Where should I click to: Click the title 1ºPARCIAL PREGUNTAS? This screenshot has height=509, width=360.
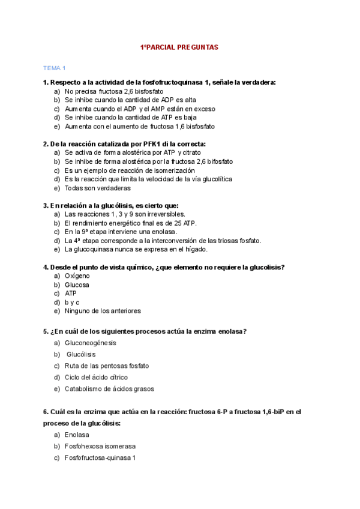click(x=179, y=47)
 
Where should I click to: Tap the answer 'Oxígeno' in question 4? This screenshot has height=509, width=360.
click(x=77, y=276)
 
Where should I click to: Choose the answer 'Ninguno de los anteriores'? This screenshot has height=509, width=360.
click(x=103, y=311)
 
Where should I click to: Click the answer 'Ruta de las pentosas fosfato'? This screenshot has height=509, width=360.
click(x=107, y=366)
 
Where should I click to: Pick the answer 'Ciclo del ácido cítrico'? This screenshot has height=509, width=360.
click(x=96, y=377)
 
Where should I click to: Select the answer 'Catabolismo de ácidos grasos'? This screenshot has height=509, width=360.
click(x=109, y=388)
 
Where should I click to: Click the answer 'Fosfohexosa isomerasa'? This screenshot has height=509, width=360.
click(x=100, y=446)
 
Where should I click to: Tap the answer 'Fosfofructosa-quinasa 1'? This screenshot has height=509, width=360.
click(x=100, y=457)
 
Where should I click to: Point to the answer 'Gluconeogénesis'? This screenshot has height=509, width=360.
click(x=91, y=343)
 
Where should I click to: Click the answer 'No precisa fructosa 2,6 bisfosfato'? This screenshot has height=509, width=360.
click(x=114, y=91)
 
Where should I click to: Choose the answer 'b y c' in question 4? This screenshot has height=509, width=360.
click(x=72, y=302)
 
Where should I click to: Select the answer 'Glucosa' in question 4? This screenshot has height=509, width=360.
click(x=77, y=285)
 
